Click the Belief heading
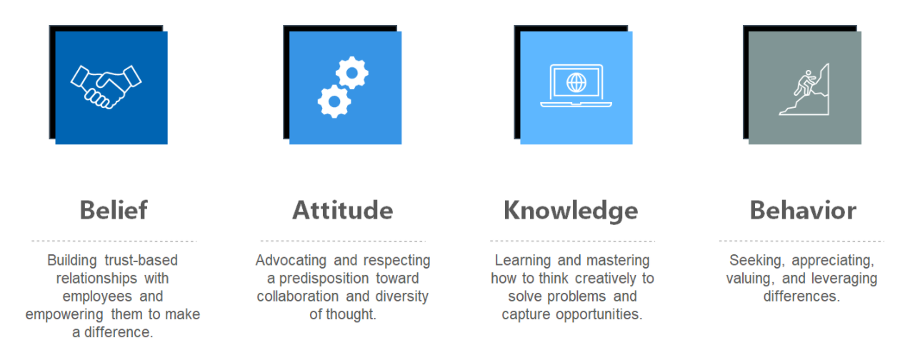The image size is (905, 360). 114,210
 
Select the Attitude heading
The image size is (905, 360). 343,210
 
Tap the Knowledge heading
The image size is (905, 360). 571,211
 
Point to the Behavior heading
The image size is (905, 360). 803,210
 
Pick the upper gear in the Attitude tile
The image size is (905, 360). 352,73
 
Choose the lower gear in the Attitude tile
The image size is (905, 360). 334,101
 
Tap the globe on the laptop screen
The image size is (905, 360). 576,83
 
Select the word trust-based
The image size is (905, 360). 141,260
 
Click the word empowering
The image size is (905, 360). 64,314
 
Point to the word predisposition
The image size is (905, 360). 324,279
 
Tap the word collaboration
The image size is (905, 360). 298,296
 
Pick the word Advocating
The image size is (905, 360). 291,261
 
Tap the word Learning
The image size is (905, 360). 523,261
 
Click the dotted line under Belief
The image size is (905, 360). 114,241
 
